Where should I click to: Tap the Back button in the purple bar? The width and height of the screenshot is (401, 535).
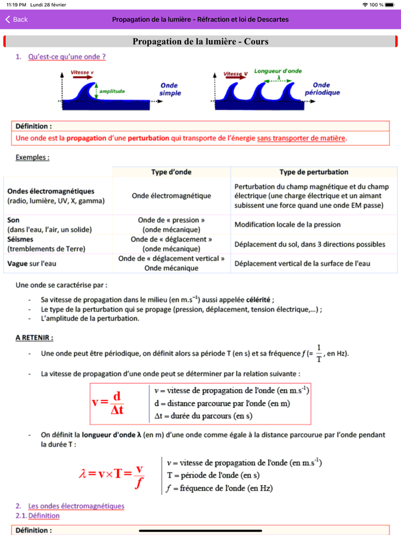click(17, 19)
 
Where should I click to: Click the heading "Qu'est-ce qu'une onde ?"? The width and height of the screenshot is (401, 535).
click(66, 57)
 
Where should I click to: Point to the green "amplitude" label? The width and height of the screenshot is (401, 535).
click(112, 91)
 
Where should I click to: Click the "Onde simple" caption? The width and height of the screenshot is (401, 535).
click(170, 89)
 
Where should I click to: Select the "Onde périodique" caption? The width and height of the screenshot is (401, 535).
click(322, 88)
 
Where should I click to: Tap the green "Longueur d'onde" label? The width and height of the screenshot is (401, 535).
click(278, 71)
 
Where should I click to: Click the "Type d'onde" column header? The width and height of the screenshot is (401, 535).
click(171, 172)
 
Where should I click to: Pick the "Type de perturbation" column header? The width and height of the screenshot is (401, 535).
click(313, 172)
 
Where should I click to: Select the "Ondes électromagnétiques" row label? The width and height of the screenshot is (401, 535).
click(51, 191)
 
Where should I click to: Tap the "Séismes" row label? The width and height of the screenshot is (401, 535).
click(21, 239)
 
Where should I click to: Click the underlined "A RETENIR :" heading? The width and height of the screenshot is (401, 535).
click(34, 338)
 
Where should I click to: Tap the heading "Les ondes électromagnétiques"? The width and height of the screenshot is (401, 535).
click(76, 506)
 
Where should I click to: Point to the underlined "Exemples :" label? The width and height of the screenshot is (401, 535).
click(32, 157)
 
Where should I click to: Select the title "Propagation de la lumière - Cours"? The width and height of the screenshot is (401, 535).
click(200, 41)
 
